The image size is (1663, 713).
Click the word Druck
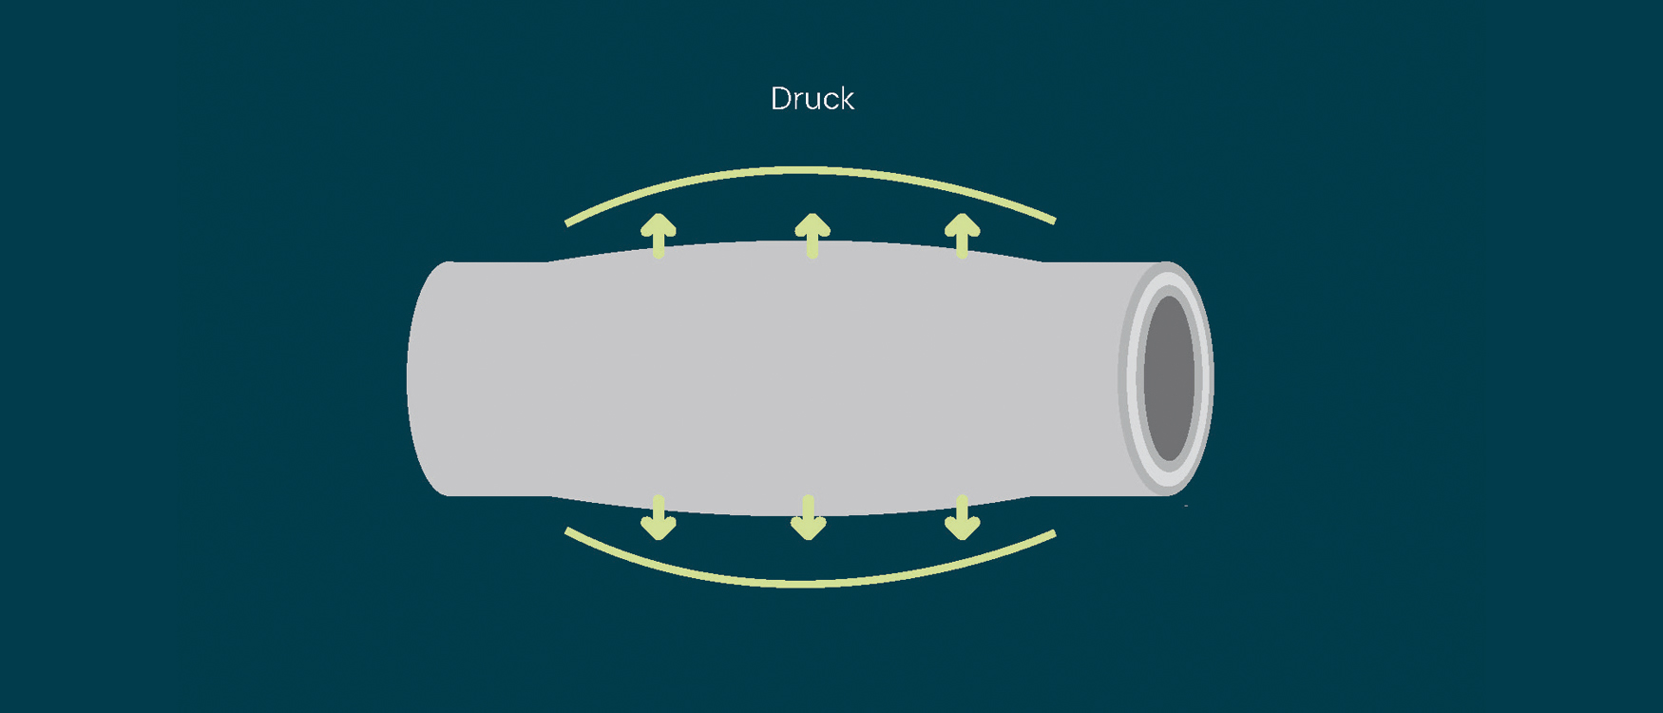[x=812, y=99]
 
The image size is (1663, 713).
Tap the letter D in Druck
[x=780, y=99]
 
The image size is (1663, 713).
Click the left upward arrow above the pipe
[x=659, y=235]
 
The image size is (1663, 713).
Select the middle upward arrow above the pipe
[x=812, y=235]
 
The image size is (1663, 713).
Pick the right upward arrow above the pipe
[x=963, y=235]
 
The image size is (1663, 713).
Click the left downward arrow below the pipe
[x=659, y=518]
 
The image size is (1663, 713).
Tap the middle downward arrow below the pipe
[x=809, y=518]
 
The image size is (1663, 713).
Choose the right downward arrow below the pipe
[x=963, y=518]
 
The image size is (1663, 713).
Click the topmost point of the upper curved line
[x=808, y=170]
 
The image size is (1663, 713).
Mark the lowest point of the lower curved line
[x=808, y=584]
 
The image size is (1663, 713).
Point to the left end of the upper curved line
[x=567, y=223]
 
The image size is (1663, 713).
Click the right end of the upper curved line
[x=1054, y=221]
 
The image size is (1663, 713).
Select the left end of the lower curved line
[x=567, y=530]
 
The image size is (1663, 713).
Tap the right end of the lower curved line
[x=1054, y=533]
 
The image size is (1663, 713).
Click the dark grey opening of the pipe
[x=1169, y=378]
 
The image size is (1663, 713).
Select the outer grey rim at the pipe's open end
[x=1125, y=378]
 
